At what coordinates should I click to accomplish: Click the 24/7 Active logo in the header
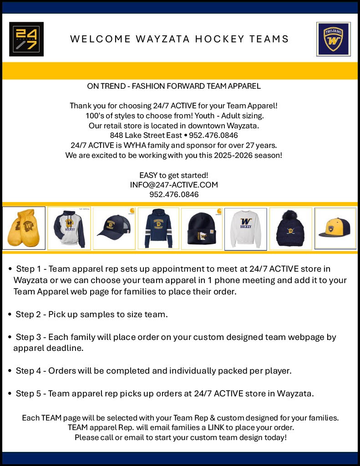point(26,39)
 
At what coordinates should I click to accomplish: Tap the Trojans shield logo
point(333,39)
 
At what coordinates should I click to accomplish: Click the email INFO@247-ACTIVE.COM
point(174,185)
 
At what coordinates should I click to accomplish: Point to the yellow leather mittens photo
point(24,228)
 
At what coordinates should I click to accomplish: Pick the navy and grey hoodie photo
point(69,228)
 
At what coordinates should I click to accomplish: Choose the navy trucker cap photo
point(114,228)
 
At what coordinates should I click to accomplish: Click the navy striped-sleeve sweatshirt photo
point(158,228)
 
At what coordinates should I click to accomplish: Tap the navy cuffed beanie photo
point(202,228)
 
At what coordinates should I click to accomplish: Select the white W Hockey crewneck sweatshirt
point(246,228)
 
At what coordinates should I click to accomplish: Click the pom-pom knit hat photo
point(290,228)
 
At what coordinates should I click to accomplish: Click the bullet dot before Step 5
point(10,393)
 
